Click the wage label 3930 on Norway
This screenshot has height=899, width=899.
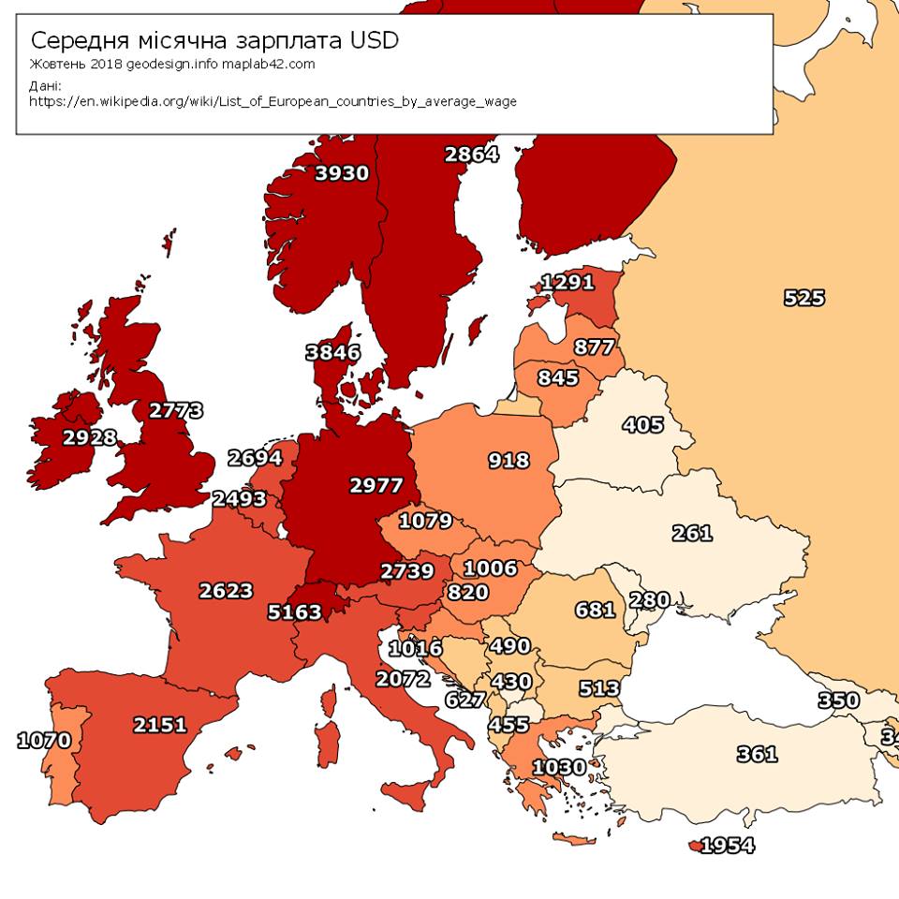coord(342,173)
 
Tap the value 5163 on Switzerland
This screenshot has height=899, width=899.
coord(294,612)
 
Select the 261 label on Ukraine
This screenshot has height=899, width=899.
coord(692,534)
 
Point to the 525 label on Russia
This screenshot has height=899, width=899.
coord(803,298)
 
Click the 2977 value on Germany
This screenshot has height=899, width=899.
coord(376,486)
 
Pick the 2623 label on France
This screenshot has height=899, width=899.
coord(226,591)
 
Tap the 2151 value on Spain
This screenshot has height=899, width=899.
coord(160,725)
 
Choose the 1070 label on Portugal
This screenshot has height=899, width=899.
coord(44,741)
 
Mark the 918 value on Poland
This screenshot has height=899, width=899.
coord(508,461)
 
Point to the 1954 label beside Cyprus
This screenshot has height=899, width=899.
coord(727,846)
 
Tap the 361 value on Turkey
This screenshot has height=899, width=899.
coord(757,753)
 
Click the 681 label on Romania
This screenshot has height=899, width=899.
coord(595,611)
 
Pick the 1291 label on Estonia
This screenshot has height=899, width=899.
coord(568,282)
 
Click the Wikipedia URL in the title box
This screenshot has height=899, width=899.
coord(273,101)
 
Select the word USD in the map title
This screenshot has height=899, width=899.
coord(374,40)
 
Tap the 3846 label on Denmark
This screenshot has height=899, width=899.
coord(332,353)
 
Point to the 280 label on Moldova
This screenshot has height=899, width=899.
coord(648,600)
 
